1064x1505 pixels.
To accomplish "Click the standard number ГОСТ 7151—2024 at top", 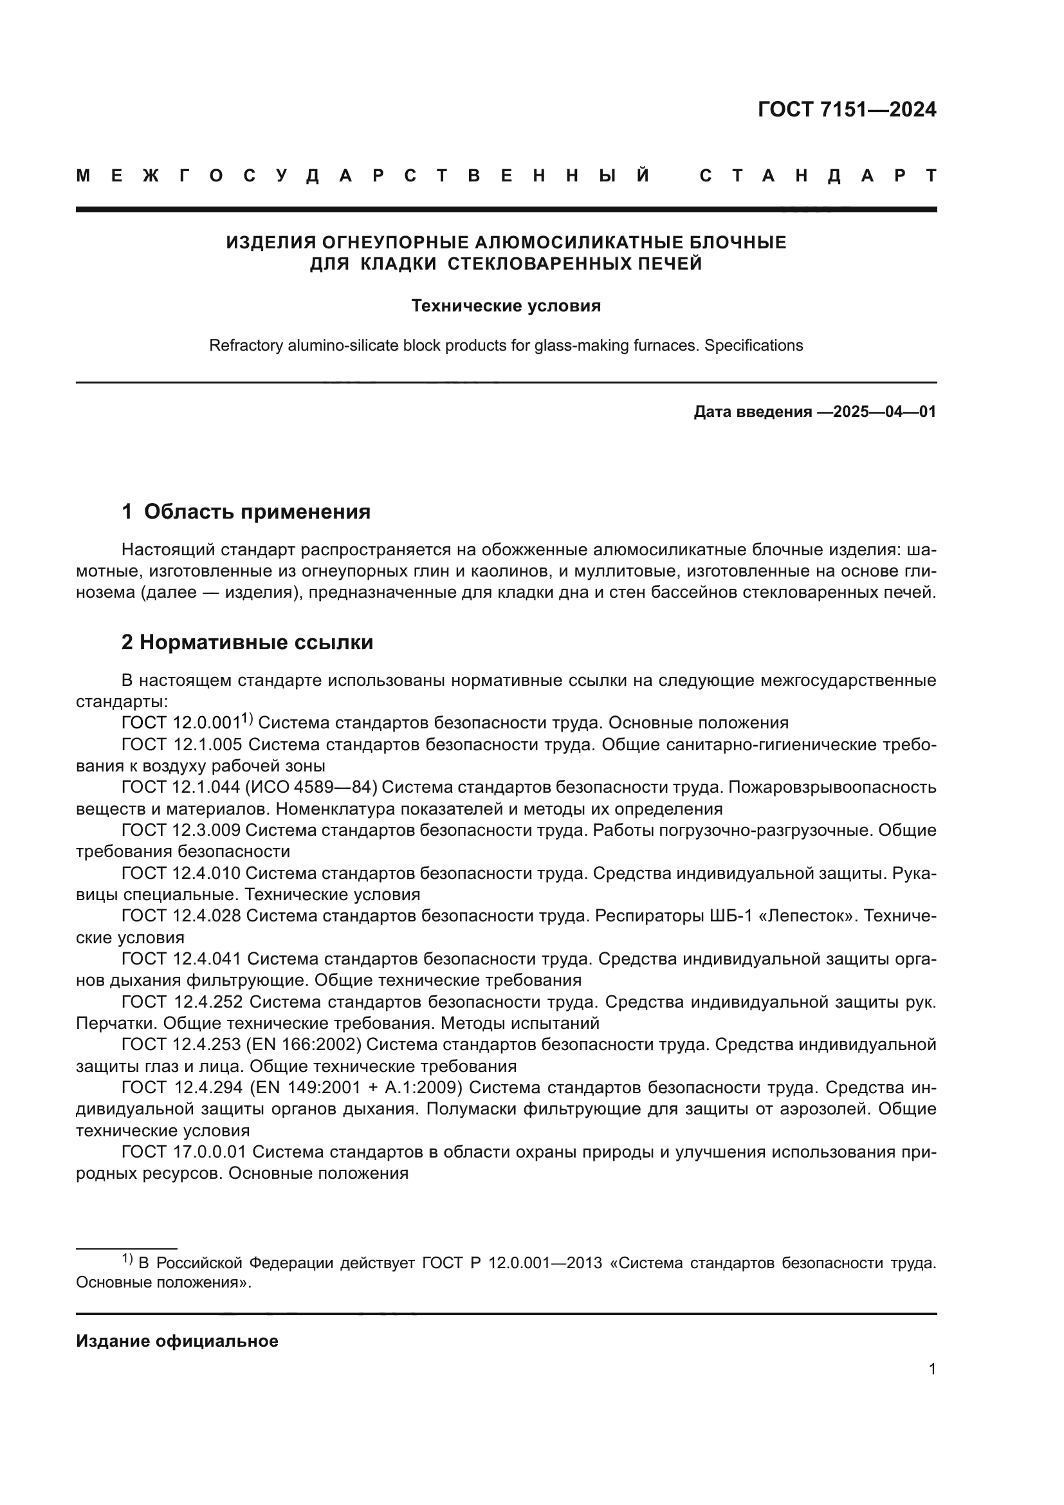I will tap(847, 109).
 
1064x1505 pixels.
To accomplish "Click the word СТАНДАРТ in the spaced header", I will tap(818, 176).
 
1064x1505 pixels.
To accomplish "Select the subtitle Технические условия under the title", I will tap(506, 306).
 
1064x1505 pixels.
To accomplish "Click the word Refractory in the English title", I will tap(246, 346).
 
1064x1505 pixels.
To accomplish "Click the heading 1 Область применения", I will tap(246, 512).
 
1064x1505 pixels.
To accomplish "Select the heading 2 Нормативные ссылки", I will tap(247, 642).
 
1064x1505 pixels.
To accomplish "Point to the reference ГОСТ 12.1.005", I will tap(181, 744).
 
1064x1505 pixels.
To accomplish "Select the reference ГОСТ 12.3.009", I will tap(181, 831).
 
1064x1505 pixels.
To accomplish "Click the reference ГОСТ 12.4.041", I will tap(181, 959).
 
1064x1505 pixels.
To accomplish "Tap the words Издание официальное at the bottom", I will tap(177, 1341).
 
